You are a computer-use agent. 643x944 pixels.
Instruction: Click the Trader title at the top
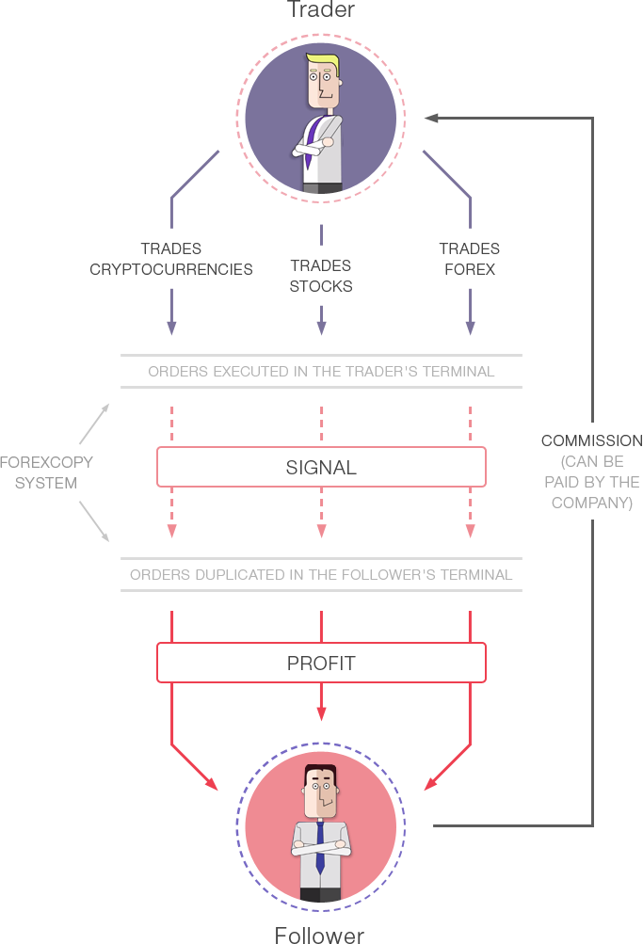[320, 10]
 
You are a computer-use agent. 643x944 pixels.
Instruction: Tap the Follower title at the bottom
[319, 935]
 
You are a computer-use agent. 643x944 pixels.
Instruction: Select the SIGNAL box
[321, 467]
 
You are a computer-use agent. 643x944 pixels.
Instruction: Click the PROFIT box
[321, 663]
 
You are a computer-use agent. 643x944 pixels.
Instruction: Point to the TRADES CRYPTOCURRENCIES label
[171, 259]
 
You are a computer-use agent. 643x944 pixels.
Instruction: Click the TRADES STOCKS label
[321, 276]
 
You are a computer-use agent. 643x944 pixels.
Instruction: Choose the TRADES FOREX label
[469, 259]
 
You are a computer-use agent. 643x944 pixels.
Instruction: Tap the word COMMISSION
[591, 440]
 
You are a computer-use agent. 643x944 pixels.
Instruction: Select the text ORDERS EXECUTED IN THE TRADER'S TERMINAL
[321, 371]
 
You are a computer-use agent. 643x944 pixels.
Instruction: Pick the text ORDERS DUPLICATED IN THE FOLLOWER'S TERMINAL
[321, 574]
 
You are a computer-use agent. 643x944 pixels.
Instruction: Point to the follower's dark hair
[320, 773]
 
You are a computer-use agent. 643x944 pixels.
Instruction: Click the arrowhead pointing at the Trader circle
[432, 118]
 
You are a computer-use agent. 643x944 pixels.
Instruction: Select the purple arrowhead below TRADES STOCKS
[321, 328]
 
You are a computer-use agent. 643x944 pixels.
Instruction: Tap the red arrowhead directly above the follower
[321, 713]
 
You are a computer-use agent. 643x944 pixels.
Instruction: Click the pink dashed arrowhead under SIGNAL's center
[321, 531]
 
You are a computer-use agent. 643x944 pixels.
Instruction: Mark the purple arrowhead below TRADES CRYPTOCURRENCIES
[171, 328]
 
